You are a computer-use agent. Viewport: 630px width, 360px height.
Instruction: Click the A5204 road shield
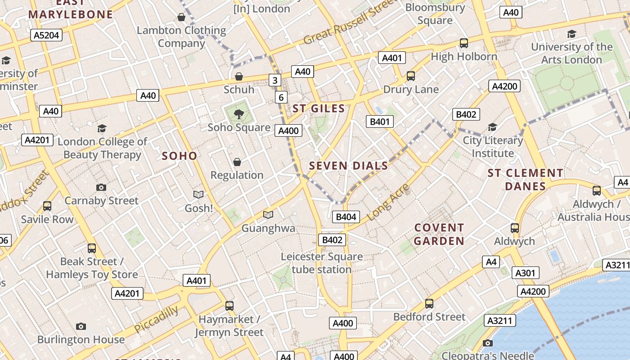[x=46, y=35]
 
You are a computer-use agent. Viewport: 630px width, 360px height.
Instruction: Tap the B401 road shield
[x=379, y=121]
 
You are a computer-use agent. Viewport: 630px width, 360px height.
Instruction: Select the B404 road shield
[x=346, y=217]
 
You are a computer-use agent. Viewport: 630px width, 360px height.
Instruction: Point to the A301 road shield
[x=525, y=273]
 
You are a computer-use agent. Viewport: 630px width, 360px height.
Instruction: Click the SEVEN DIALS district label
[x=348, y=166]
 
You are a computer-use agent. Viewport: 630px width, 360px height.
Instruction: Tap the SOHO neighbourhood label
[x=180, y=156]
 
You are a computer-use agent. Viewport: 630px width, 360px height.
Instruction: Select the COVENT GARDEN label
[x=439, y=234]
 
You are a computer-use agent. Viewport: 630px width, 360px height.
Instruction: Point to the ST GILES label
[x=319, y=108]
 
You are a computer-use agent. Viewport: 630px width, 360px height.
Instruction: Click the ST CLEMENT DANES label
[x=525, y=180]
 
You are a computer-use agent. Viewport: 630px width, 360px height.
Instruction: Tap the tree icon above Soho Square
[x=239, y=114]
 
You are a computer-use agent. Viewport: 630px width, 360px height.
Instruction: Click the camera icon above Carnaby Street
[x=101, y=187]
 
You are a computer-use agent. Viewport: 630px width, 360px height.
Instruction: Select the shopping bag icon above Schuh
[x=239, y=76]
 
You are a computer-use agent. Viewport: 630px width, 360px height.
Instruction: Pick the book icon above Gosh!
[x=198, y=194]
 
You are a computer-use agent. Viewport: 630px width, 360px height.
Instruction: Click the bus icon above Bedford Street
[x=429, y=304]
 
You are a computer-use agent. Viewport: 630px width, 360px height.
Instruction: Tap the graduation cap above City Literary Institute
[x=493, y=127]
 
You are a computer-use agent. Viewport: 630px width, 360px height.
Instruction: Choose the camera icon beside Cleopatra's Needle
[x=487, y=343]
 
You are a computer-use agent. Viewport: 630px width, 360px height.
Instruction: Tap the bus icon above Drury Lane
[x=411, y=76]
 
